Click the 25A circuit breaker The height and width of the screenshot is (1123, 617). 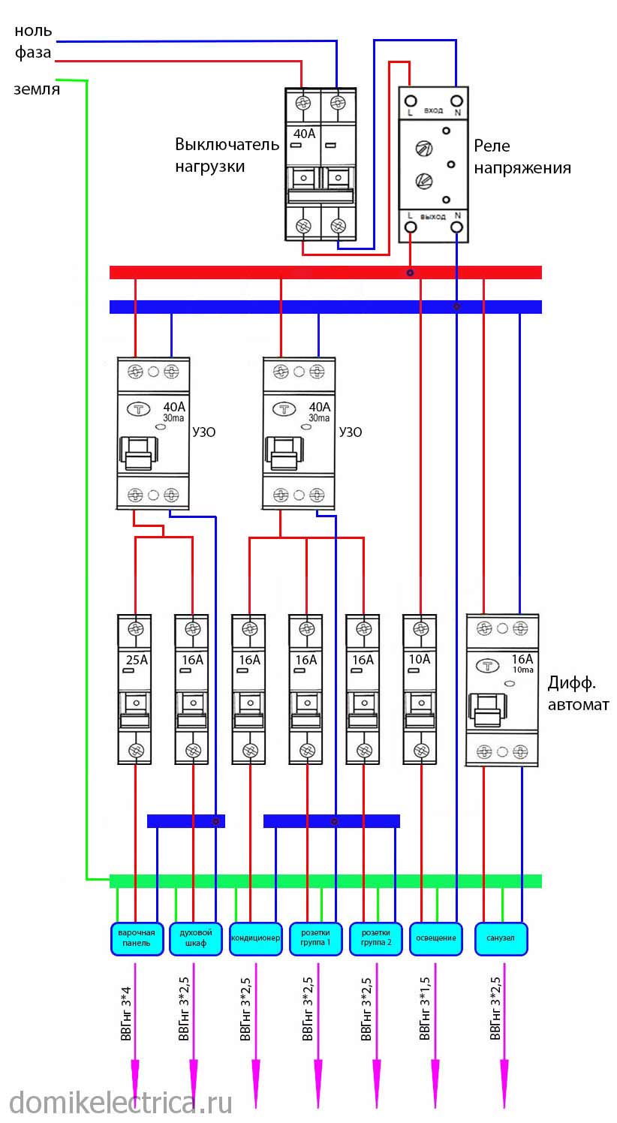[136, 689]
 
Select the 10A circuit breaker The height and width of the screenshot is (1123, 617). [421, 689]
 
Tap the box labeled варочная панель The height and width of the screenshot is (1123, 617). [136, 938]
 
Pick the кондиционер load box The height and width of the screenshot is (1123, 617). [256, 938]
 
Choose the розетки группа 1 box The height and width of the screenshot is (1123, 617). [316, 938]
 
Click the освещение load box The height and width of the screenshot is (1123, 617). [436, 938]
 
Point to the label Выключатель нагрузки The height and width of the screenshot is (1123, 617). [221, 155]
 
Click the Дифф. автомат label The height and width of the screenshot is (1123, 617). [578, 694]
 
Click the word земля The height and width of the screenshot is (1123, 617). [37, 89]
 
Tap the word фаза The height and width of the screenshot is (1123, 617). [33, 53]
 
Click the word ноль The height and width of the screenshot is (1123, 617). [33, 31]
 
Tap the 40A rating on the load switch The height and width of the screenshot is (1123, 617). [304, 134]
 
